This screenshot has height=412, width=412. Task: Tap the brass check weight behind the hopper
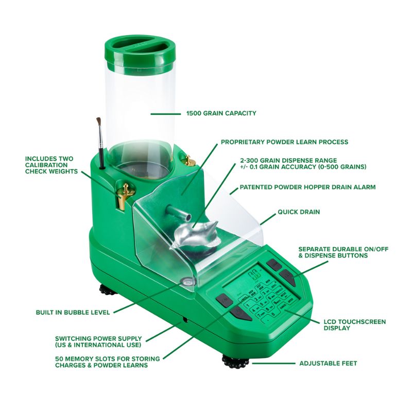188,160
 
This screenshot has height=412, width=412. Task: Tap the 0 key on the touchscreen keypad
273,314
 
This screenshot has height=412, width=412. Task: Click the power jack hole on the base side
185,320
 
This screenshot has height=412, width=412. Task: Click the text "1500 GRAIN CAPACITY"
221,113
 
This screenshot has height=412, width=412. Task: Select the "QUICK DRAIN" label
299,212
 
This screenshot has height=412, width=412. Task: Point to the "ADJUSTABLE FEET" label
328,364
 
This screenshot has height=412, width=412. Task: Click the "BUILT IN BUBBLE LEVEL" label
73,313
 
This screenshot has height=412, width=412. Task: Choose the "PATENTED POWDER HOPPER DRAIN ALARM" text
307,187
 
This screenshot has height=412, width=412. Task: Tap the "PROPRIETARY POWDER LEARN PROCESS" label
285,142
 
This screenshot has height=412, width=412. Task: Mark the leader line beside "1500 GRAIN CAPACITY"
166,114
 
